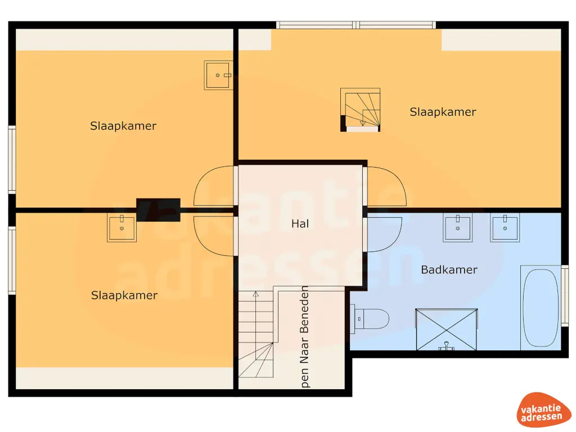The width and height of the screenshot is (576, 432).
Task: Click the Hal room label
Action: tap(300, 223)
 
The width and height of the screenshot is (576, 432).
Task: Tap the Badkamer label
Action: tap(449, 269)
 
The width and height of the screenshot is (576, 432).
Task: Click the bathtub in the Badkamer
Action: tap(540, 308)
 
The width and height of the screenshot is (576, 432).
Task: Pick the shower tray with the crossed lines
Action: tap(446, 329)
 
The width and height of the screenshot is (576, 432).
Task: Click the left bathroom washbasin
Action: tap(457, 228)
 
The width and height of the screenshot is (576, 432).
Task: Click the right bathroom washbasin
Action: tap(505, 228)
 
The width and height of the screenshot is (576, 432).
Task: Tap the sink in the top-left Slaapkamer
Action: tap(218, 75)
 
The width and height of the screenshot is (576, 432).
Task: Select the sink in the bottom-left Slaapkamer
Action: tap(121, 228)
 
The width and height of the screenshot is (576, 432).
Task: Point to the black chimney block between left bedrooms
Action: tap(158, 209)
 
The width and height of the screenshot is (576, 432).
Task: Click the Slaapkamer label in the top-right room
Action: tap(443, 112)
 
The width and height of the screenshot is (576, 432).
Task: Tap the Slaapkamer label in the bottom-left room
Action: tap(124, 295)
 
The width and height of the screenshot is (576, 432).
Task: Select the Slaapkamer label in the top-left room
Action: tap(123, 126)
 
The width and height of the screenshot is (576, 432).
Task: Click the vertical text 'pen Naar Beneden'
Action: tap(305, 337)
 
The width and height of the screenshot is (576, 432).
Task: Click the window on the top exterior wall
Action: tap(355, 25)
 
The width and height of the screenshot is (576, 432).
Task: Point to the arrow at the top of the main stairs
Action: tap(255, 293)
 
